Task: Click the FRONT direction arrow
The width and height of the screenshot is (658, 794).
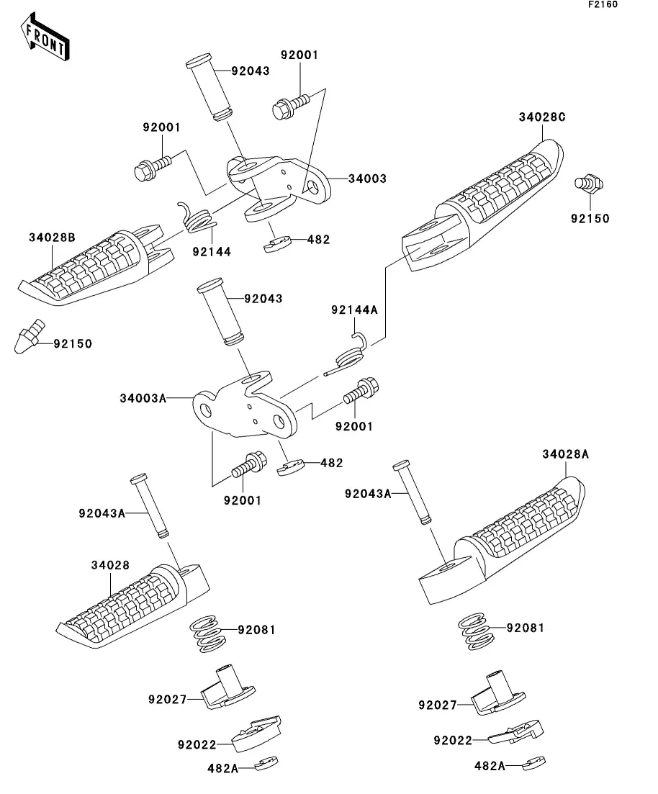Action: point(45,37)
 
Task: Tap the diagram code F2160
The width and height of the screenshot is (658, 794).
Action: point(603,4)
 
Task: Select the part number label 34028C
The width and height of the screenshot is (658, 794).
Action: point(542,117)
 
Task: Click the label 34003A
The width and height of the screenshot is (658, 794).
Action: point(143,398)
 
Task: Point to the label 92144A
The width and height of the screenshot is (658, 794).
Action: point(355,310)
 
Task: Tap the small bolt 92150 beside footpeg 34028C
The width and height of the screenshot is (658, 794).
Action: point(589,184)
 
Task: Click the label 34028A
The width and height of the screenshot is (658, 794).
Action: point(565,454)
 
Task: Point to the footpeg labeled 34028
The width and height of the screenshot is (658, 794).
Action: point(132,605)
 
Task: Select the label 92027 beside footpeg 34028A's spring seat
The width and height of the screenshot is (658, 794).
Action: point(438,705)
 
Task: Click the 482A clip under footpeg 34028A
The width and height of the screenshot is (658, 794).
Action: point(534,763)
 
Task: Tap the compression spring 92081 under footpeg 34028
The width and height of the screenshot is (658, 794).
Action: point(207,634)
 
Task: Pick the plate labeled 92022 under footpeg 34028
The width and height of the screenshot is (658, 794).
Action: point(256,734)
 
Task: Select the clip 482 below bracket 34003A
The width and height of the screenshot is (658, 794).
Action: point(290,467)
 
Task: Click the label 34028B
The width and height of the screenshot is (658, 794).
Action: point(52,238)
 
